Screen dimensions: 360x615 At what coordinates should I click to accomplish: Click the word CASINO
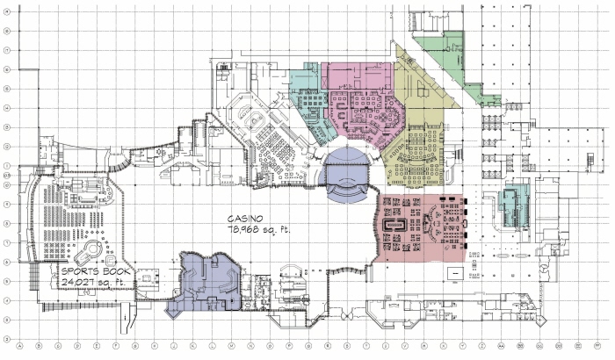tap(244, 217)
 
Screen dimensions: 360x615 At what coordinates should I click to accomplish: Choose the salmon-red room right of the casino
tap(419, 226)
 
